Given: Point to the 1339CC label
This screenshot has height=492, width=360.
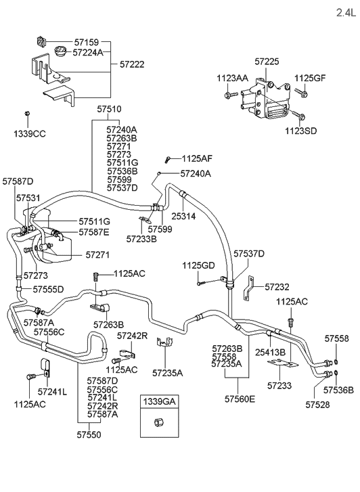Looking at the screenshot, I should pos(29,134).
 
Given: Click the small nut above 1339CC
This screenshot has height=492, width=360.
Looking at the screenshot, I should pos(26,112).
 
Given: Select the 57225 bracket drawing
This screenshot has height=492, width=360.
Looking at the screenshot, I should pos(274,102).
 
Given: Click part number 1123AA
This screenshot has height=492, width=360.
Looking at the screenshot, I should pos(231,79).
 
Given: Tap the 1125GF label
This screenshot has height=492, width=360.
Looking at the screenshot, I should pos(310,79).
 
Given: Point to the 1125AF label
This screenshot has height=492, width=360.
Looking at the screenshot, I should pos(197,158).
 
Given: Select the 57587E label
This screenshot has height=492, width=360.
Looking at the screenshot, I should pos(94,232).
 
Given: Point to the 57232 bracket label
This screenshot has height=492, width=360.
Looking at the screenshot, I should pos(277,287).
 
